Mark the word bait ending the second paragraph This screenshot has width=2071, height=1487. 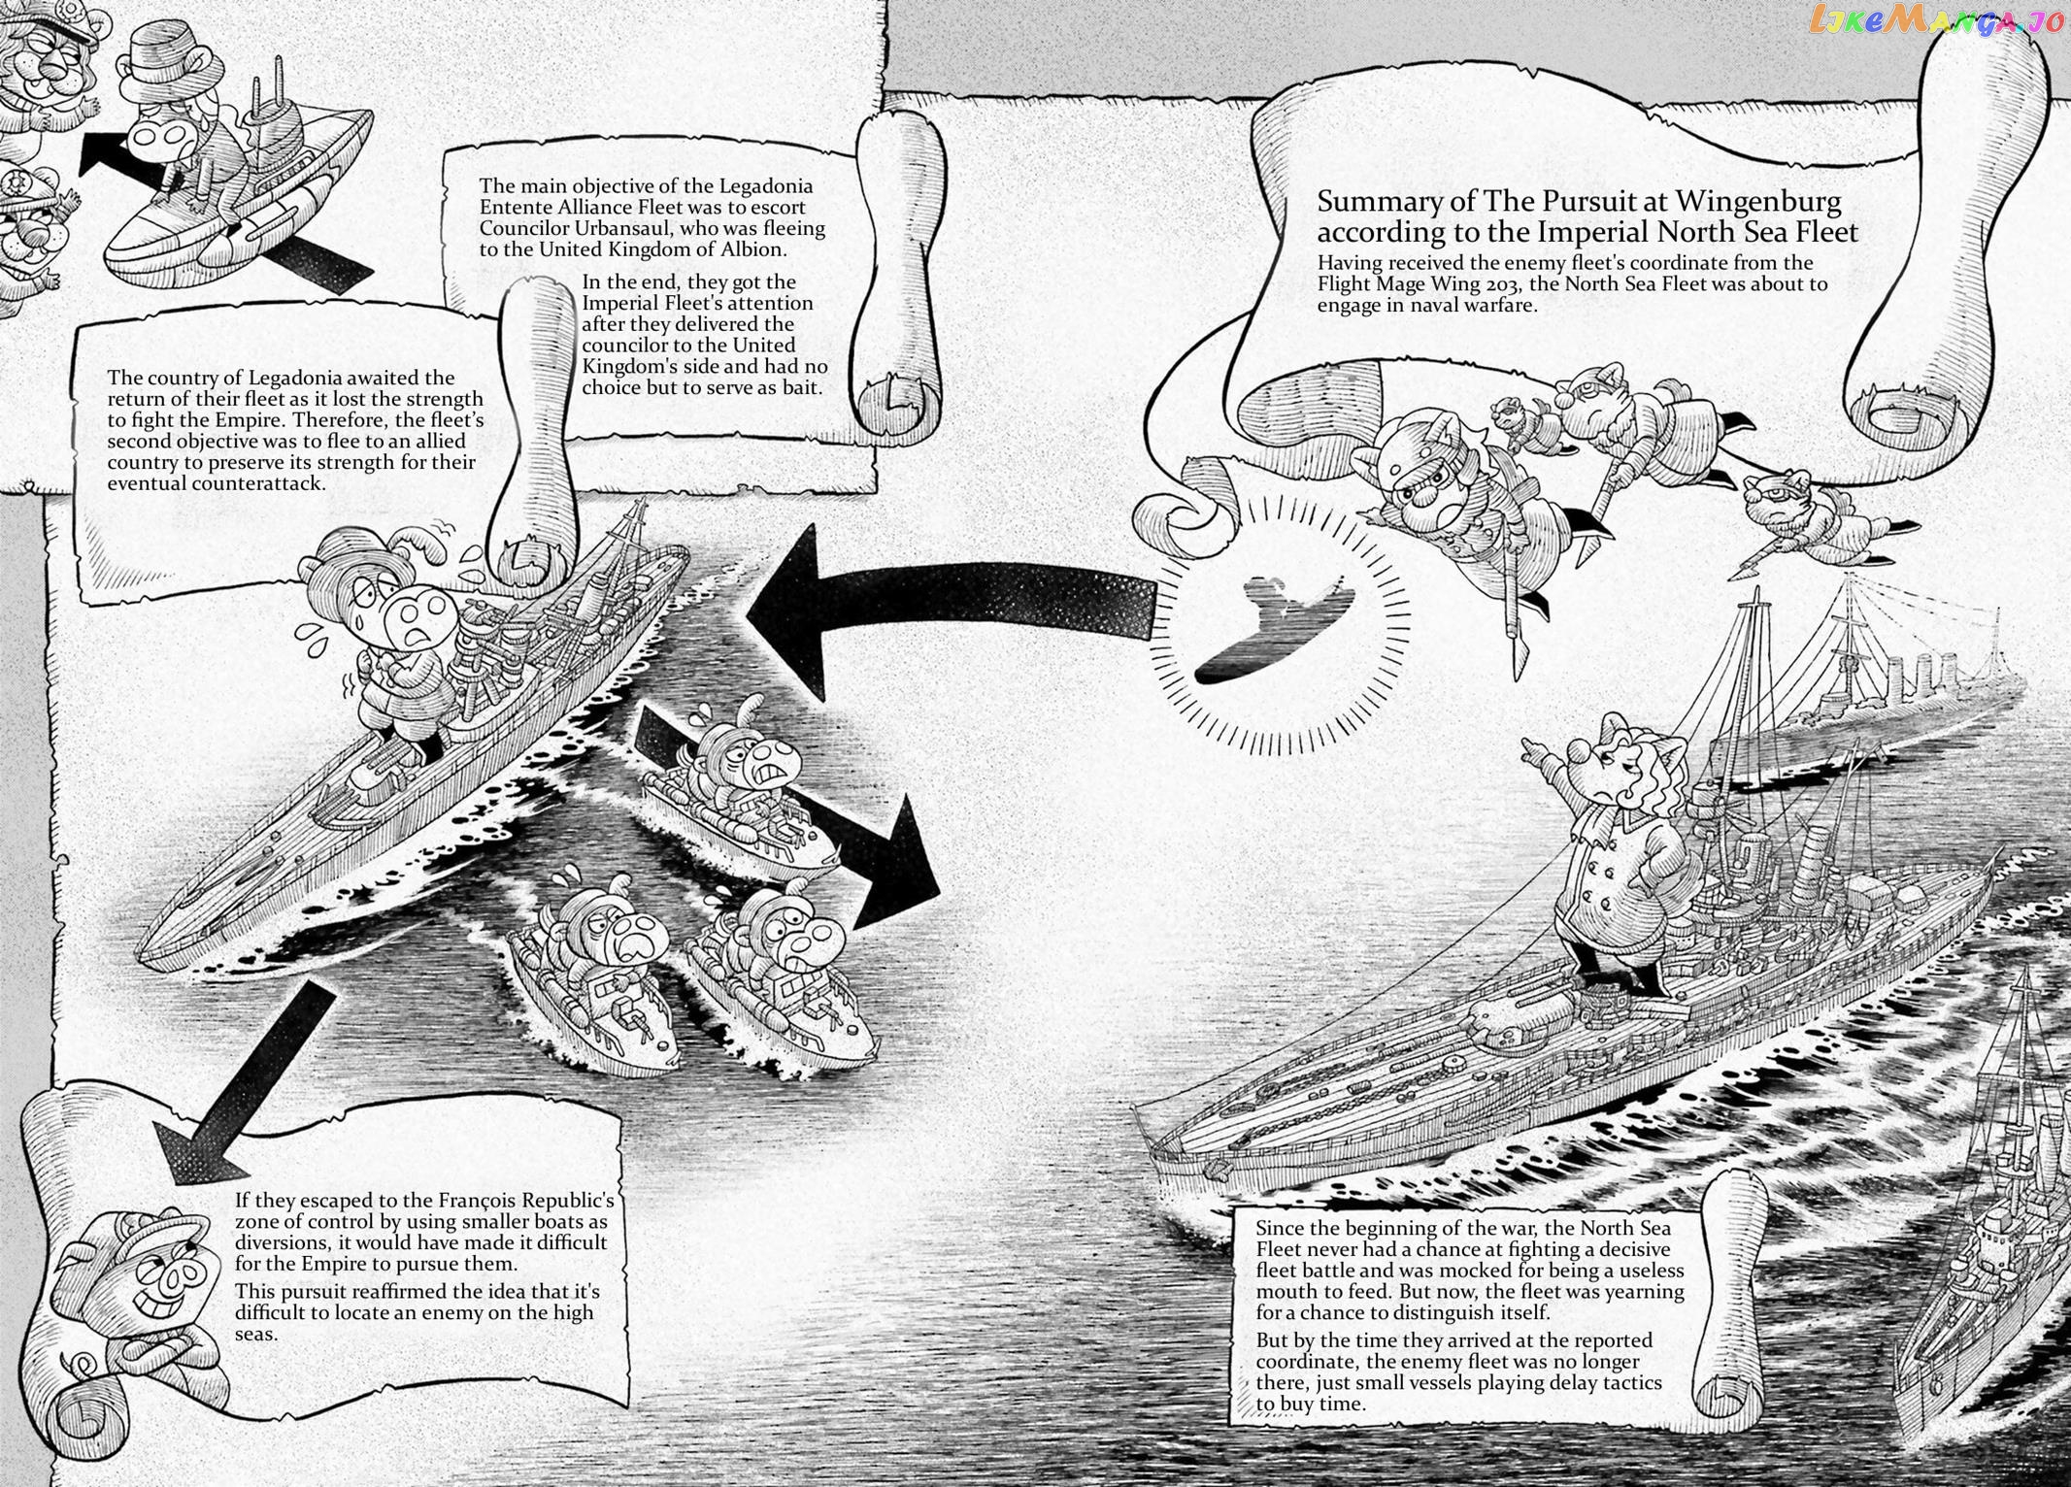coord(802,388)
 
